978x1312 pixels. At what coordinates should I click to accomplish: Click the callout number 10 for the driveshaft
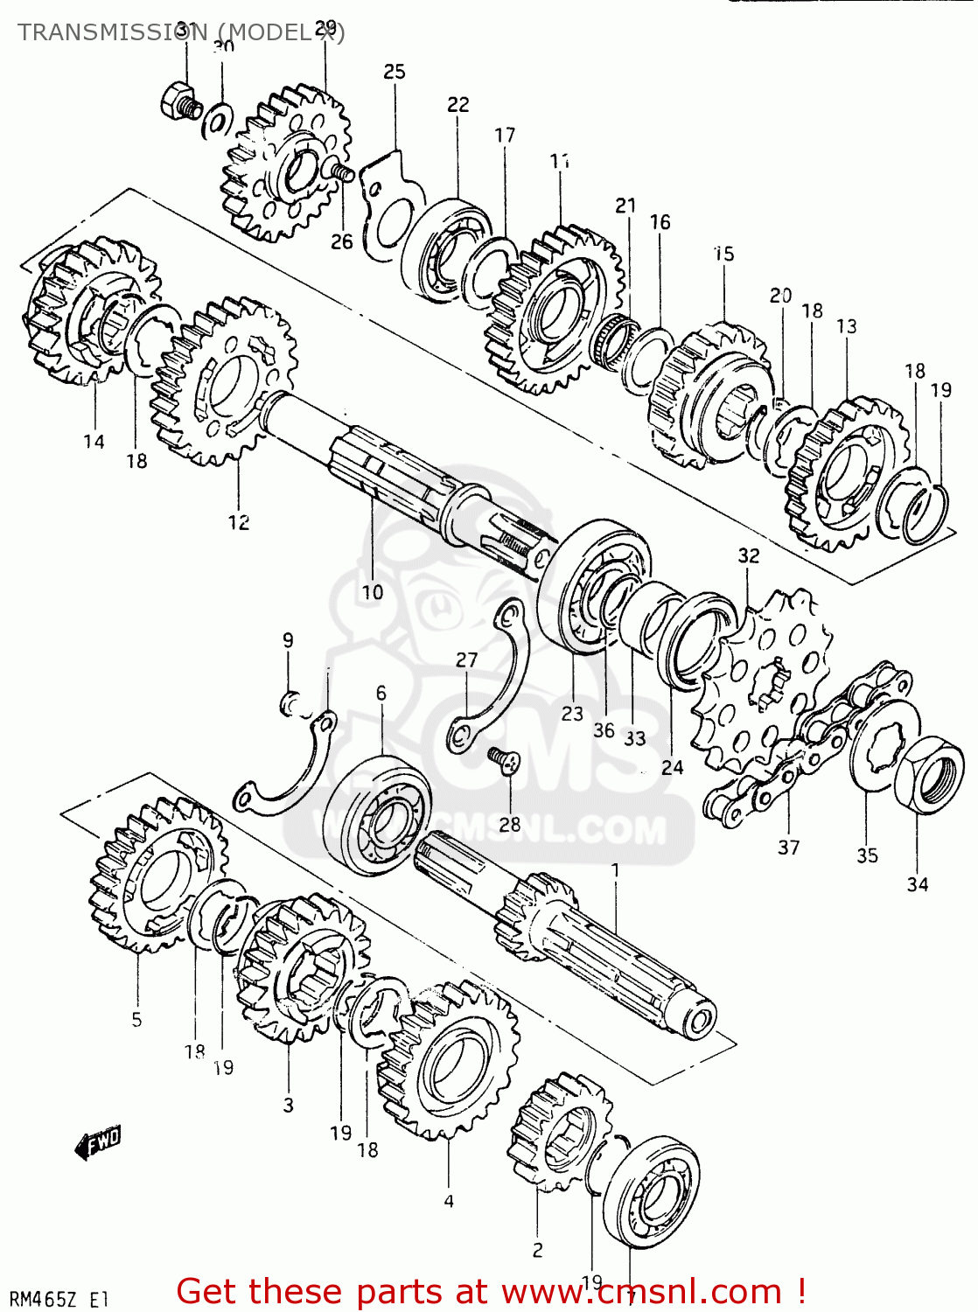click(x=373, y=592)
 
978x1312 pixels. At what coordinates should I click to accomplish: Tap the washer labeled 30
click(x=217, y=121)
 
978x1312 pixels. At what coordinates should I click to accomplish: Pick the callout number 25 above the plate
click(x=395, y=72)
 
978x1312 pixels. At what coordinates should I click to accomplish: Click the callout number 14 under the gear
click(x=94, y=442)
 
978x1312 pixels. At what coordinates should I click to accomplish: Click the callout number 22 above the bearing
click(x=458, y=105)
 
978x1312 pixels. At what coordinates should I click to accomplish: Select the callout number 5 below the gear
click(x=136, y=1019)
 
